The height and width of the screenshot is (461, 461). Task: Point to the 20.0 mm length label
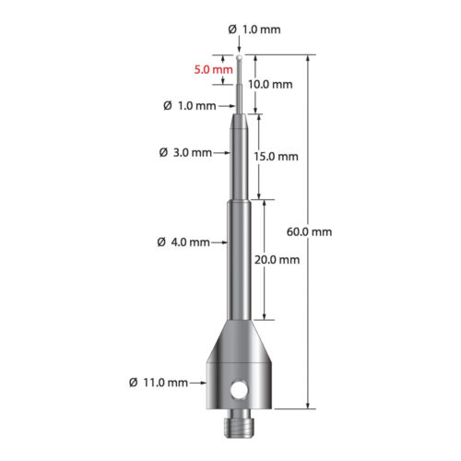coord(278,260)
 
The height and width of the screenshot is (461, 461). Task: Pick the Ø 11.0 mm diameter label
coord(160,382)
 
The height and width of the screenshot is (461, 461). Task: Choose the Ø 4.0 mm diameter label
coord(186,242)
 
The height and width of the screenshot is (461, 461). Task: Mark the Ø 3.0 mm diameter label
coord(186,151)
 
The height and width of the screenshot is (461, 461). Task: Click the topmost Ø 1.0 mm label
coord(254,30)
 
